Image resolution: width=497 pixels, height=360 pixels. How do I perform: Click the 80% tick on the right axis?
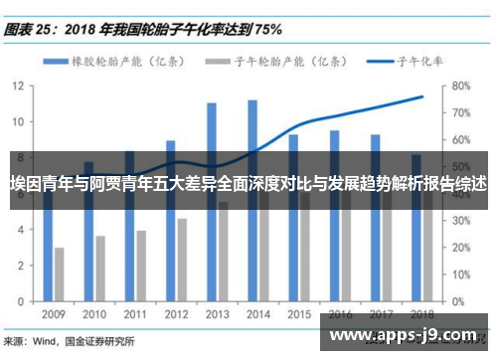point(460,86)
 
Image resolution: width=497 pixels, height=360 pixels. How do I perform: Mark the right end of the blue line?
point(422,96)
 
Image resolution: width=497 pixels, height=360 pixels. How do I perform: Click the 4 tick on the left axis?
point(22,229)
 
